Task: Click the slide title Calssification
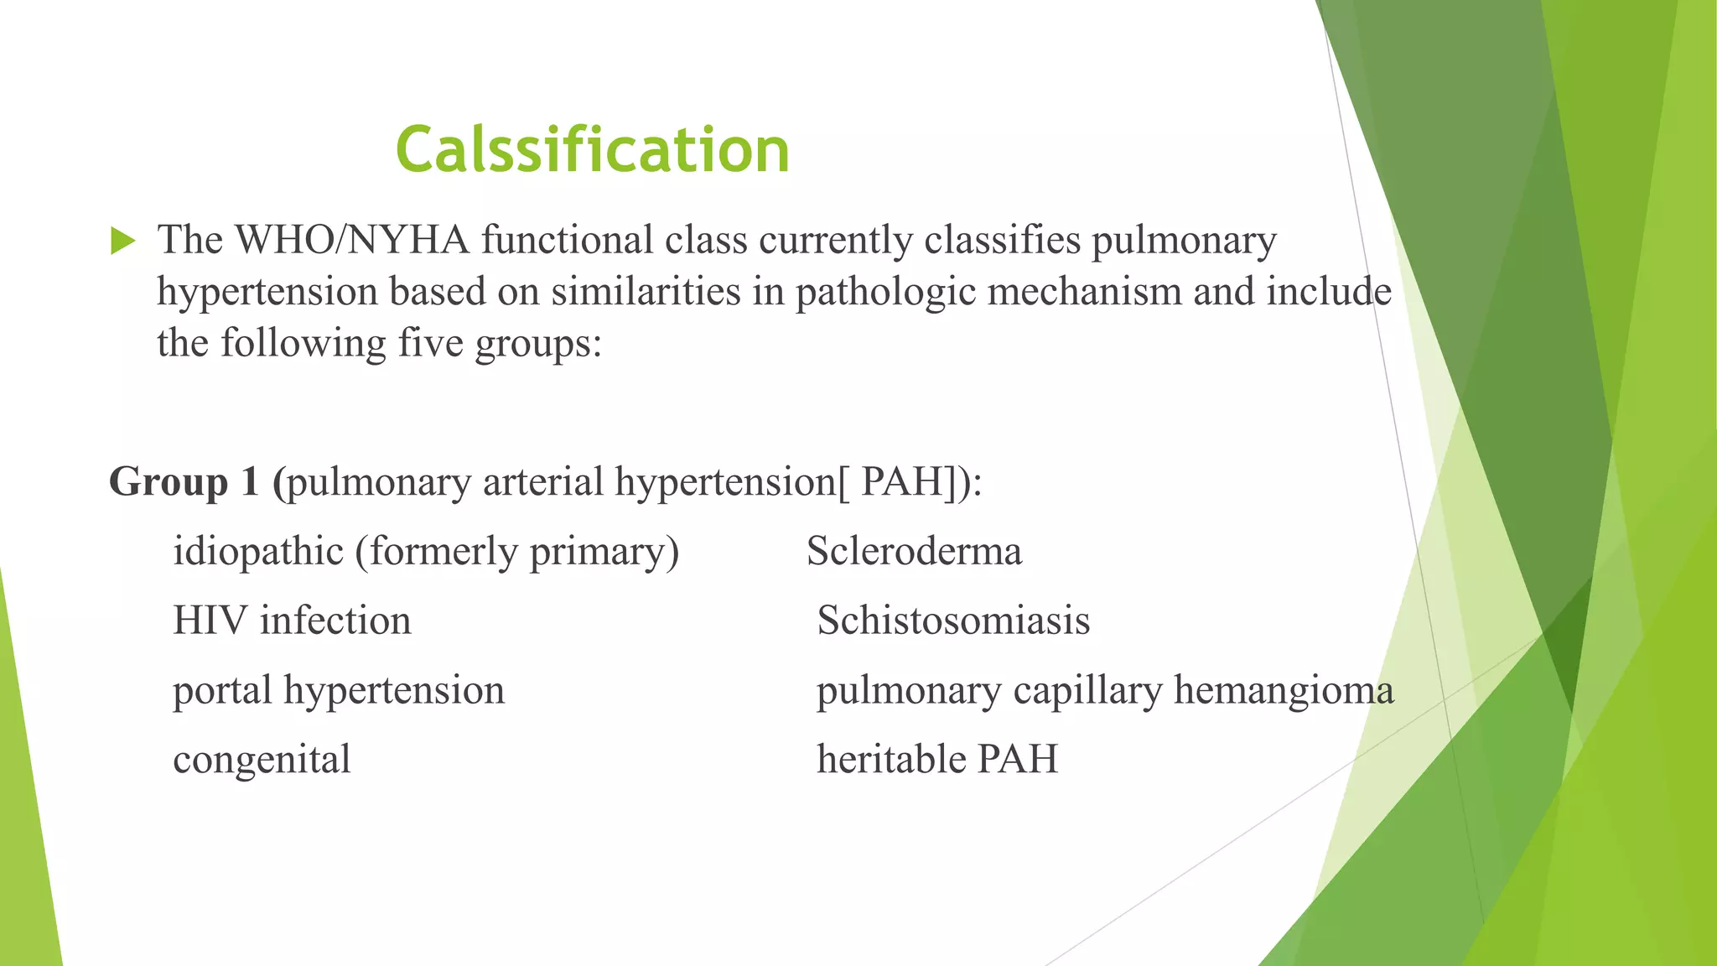(x=593, y=151)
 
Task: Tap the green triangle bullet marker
(x=122, y=241)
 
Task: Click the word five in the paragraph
(x=430, y=344)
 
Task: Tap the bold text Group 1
(x=184, y=482)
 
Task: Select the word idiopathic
(x=258, y=553)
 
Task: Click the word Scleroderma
(x=914, y=552)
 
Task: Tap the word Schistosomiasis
(x=953, y=621)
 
